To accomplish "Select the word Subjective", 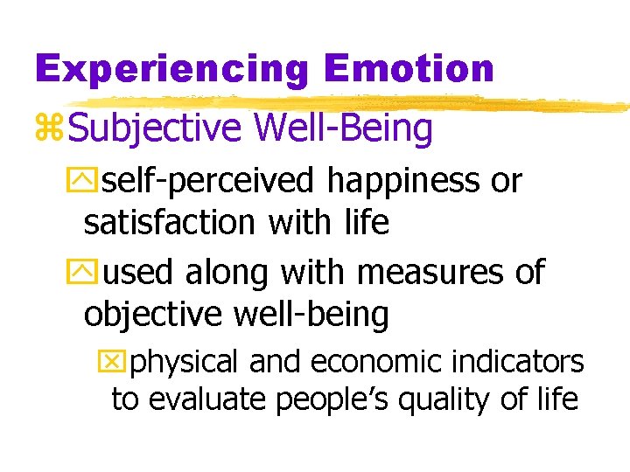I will (x=154, y=128).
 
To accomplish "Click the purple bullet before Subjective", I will (x=49, y=129).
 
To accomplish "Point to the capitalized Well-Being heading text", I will (x=343, y=128).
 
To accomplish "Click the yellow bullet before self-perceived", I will (x=92, y=182).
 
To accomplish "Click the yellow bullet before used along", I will (x=92, y=273).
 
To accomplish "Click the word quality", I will (x=449, y=399).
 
